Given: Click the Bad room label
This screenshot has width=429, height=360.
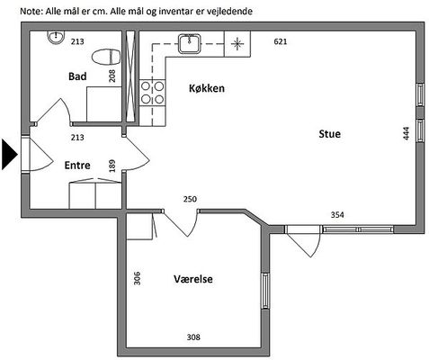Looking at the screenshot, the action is pyautogui.click(x=77, y=76).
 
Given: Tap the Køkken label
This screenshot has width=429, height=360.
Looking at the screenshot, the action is pyautogui.click(x=207, y=88).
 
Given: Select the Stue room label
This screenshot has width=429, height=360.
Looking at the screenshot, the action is pyautogui.click(x=329, y=134).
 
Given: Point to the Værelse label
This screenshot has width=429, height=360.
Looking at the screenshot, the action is pyautogui.click(x=193, y=279).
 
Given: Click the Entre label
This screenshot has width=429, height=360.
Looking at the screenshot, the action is pyautogui.click(x=77, y=165).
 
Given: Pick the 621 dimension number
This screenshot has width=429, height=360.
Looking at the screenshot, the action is pyautogui.click(x=281, y=41).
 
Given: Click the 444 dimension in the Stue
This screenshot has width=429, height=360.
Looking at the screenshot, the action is pyautogui.click(x=406, y=133).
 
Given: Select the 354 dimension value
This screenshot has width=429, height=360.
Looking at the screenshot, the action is pyautogui.click(x=337, y=215).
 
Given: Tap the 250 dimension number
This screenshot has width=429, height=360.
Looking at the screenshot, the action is pyautogui.click(x=190, y=199).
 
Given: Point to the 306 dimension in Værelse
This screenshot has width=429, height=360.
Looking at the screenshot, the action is pyautogui.click(x=137, y=278).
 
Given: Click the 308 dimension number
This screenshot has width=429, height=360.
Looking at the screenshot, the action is pyautogui.click(x=193, y=337).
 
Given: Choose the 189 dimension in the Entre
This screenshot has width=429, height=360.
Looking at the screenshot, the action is pyautogui.click(x=112, y=166).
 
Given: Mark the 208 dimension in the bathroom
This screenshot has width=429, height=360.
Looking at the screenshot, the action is pyautogui.click(x=112, y=76).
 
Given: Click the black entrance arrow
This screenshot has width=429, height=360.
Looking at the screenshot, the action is pyautogui.click(x=9, y=154).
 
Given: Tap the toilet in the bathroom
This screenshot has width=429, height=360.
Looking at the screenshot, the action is pyautogui.click(x=106, y=57).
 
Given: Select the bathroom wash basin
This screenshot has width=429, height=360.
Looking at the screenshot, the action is pyautogui.click(x=56, y=37).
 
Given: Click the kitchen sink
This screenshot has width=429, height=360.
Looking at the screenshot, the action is pyautogui.click(x=190, y=44).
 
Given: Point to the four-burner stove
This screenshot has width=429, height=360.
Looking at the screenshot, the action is pyautogui.click(x=152, y=93).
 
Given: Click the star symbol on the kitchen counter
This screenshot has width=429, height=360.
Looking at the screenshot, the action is pyautogui.click(x=237, y=44).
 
